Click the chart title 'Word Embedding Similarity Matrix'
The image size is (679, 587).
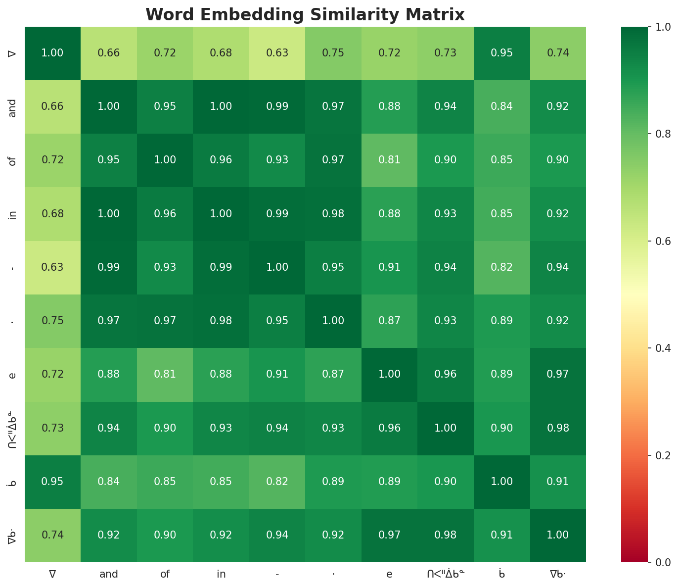(x=305, y=15)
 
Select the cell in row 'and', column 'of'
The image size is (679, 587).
(x=165, y=106)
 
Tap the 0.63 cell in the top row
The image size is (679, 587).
(x=277, y=53)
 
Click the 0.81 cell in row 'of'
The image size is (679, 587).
(x=389, y=160)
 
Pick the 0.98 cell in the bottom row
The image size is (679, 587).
(x=446, y=535)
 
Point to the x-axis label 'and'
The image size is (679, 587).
(x=109, y=574)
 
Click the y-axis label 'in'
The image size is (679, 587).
(x=13, y=214)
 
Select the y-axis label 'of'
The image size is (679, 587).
(x=13, y=160)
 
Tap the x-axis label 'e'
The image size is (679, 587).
(x=389, y=574)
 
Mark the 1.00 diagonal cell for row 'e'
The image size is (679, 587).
(x=389, y=374)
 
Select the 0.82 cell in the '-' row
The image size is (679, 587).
(x=502, y=267)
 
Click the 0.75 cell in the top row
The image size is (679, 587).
(x=333, y=53)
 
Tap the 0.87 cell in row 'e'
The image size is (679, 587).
(x=333, y=374)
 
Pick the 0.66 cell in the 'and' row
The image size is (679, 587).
(x=52, y=106)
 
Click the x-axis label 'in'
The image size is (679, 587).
(x=221, y=574)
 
